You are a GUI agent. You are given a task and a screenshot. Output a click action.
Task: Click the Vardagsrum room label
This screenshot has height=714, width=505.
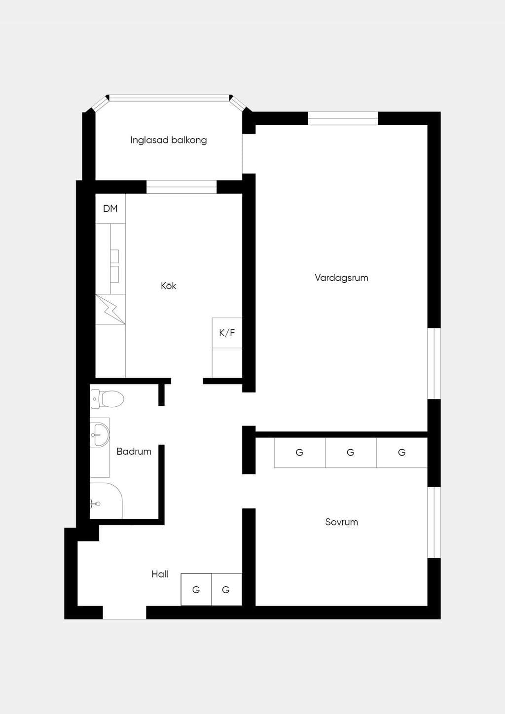(x=341, y=278)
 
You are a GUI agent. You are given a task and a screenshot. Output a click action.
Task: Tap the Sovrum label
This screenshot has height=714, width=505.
(x=341, y=522)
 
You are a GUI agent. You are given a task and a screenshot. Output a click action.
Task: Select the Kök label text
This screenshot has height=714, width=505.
(x=168, y=286)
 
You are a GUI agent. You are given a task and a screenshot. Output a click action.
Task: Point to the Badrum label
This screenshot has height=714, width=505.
(x=134, y=451)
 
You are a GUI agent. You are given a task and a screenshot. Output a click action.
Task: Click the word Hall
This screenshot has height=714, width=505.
(x=160, y=574)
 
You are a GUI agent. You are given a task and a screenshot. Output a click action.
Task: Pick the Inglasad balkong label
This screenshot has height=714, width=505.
(x=168, y=140)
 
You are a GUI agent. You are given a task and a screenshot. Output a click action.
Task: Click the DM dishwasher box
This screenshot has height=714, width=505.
(x=110, y=209)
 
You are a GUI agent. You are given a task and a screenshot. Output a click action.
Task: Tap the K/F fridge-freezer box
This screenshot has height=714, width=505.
(x=227, y=333)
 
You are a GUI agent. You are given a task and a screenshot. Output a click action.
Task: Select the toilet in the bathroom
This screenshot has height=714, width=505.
(x=107, y=399)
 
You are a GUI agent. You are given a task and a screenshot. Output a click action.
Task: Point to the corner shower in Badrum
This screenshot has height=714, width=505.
(x=106, y=500)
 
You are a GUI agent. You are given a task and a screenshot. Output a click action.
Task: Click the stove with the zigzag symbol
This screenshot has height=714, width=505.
(x=110, y=310)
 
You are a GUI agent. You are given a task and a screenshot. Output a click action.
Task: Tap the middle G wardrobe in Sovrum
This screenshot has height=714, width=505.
(x=351, y=453)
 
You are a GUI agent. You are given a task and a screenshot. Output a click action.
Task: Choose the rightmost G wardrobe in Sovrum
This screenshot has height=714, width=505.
(x=402, y=453)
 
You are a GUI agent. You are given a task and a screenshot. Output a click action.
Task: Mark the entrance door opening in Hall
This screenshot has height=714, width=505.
(x=124, y=612)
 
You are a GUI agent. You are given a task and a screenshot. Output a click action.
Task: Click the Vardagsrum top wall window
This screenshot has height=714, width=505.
(x=343, y=118)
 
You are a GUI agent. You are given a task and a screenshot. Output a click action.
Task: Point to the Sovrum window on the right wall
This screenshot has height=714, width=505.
(x=434, y=522)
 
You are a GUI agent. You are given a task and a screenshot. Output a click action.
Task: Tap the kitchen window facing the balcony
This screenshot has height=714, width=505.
(x=181, y=187)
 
